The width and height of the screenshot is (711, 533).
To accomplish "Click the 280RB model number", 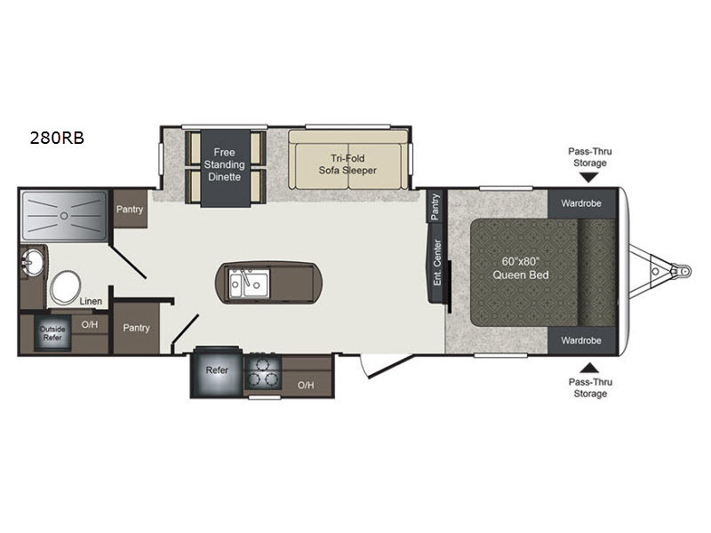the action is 57,138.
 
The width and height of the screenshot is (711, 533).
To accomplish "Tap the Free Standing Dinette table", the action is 226,168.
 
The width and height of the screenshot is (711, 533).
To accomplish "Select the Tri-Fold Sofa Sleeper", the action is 348,160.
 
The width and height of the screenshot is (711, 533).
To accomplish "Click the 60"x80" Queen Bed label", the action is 521,268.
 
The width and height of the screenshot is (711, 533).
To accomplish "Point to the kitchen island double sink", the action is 249,283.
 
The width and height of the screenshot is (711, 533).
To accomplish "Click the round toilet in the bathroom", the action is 65,287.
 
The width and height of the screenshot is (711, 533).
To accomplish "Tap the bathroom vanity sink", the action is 32,261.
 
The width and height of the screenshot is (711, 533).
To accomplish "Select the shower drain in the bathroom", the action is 64,216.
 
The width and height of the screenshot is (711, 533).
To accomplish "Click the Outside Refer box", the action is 53,333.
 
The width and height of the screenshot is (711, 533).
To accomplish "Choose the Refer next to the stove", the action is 216,371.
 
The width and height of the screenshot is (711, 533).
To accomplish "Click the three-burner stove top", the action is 263,371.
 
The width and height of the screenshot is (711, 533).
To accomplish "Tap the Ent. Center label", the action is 437,263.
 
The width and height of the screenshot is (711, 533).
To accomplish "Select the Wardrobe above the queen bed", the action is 582,203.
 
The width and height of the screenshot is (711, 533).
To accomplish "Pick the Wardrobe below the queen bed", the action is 582,340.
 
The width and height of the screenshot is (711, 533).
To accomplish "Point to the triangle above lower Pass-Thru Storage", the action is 589,368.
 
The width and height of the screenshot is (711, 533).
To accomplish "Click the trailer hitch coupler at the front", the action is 683,271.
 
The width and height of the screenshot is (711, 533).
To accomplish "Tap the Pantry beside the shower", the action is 130,209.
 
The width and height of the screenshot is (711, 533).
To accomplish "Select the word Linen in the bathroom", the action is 91,301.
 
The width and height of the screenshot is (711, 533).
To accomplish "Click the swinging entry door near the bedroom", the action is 387,366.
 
